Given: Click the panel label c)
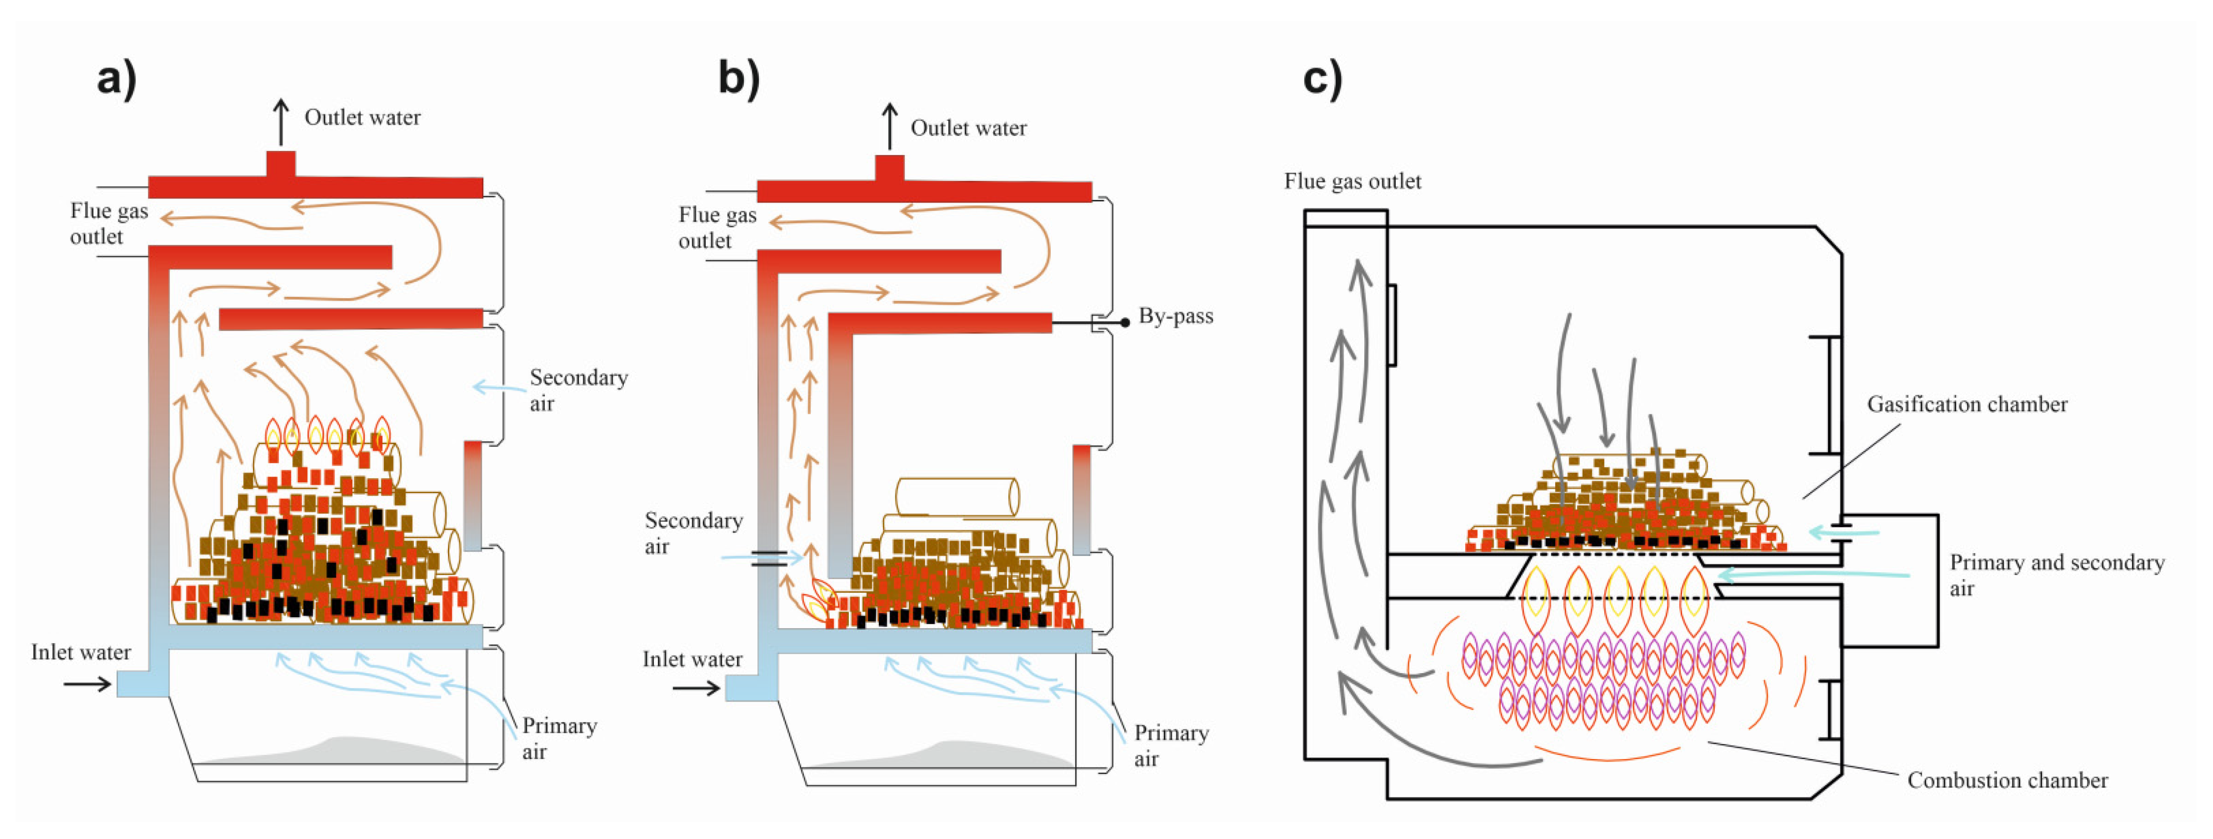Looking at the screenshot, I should tap(1322, 79).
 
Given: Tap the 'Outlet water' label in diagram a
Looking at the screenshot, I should tap(362, 117).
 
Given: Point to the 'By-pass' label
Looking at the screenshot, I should tap(1175, 316).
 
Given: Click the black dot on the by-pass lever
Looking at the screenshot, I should tap(1125, 323).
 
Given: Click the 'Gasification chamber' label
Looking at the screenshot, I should tap(1967, 404).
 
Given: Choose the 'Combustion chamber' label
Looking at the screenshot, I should tap(2007, 781).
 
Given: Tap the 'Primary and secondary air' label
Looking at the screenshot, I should tap(2056, 575).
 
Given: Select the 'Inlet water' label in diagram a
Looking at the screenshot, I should tap(81, 653).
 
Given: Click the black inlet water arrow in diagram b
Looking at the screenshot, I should tap(695, 688).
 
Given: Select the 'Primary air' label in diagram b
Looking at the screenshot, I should tap(1170, 746).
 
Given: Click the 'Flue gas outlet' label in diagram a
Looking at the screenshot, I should tap(108, 223).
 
